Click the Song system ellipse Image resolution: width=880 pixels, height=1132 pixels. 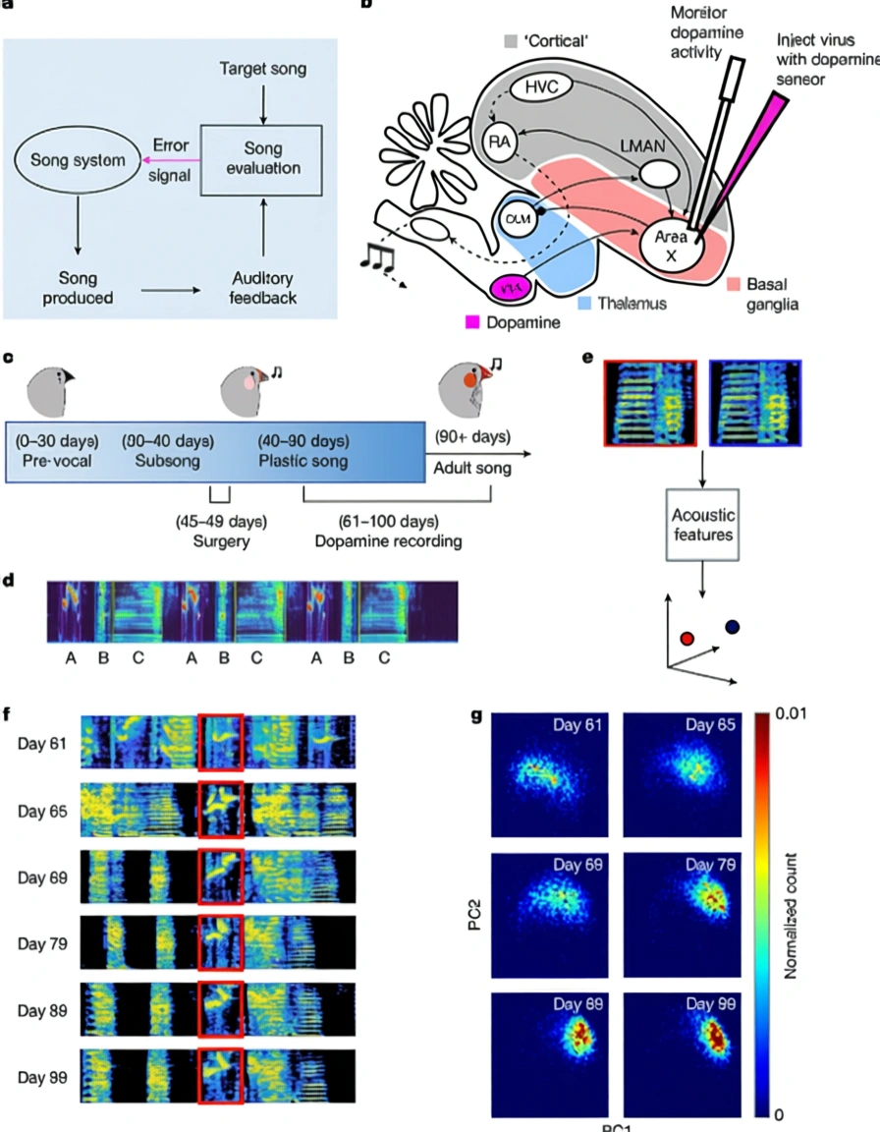[x=75, y=160]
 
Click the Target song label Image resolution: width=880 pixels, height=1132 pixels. [x=262, y=69]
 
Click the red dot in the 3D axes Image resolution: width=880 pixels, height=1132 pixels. [x=687, y=638]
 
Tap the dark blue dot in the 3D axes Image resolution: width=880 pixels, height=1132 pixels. [x=733, y=626]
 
